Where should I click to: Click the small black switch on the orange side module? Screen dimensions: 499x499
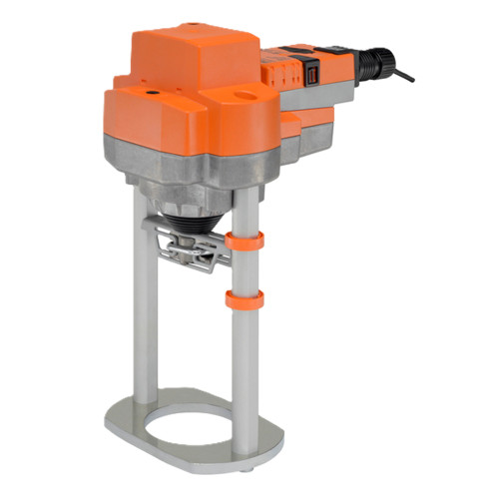click(312, 73)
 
